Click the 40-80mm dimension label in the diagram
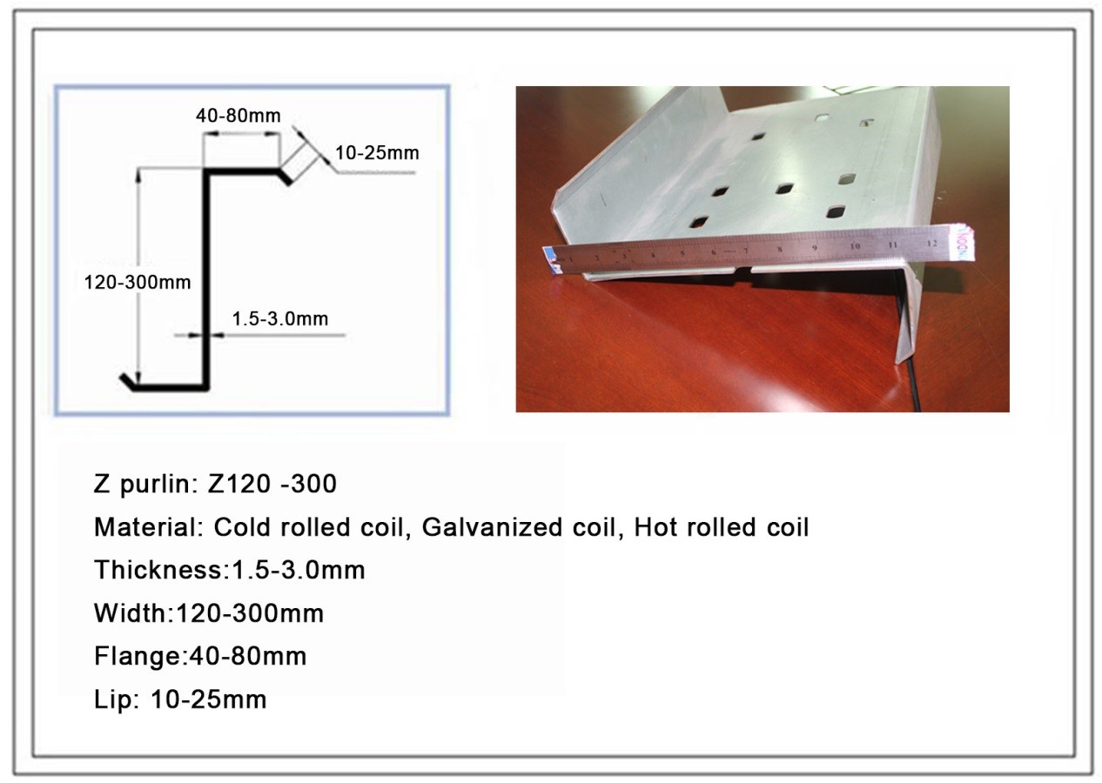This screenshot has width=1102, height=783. (239, 116)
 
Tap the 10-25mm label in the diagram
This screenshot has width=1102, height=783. (377, 153)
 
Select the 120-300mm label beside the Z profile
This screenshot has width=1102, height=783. (138, 282)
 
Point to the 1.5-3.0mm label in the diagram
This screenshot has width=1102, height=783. (280, 318)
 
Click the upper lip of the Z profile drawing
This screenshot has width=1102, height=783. (286, 177)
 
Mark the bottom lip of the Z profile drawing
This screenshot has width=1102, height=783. (127, 381)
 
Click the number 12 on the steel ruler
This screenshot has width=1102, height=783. (931, 243)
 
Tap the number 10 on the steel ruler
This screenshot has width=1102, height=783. (855, 245)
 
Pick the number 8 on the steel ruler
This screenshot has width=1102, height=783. (780, 249)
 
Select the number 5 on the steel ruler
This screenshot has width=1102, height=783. (682, 254)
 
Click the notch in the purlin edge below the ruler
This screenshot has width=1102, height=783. (743, 270)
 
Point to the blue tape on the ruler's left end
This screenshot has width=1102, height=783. (553, 258)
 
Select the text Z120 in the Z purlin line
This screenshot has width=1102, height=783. (239, 484)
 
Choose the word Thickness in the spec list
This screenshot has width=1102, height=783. (158, 570)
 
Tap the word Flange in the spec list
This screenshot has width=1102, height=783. (138, 657)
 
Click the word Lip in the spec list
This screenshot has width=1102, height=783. (113, 699)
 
